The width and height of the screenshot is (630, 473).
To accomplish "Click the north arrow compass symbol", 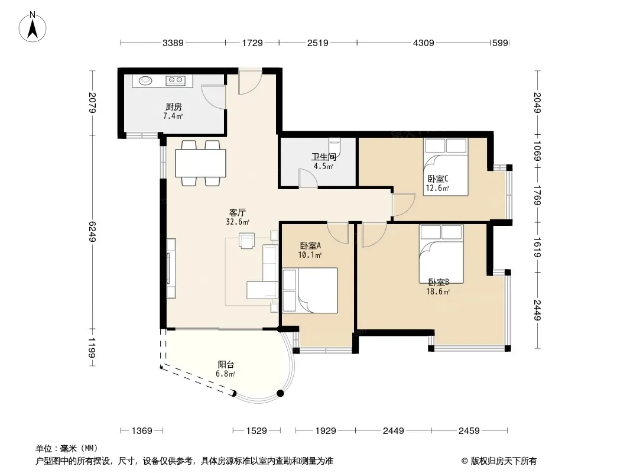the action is pyautogui.click(x=33, y=27).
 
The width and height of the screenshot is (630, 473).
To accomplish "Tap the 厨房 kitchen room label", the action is pyautogui.click(x=174, y=106).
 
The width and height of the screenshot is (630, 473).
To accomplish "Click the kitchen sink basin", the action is pyautogui.click(x=146, y=80).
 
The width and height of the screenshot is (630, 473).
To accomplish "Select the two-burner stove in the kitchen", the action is pyautogui.click(x=175, y=81).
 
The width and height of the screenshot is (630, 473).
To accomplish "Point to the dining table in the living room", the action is pyautogui.click(x=200, y=163).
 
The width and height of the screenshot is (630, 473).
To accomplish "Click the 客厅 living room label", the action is pyautogui.click(x=238, y=212).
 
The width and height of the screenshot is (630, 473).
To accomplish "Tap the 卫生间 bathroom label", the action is pyautogui.click(x=324, y=157).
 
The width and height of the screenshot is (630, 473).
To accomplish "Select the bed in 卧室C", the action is pyautogui.click(x=446, y=167).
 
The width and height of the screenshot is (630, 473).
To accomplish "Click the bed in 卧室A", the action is pyautogui.click(x=310, y=290).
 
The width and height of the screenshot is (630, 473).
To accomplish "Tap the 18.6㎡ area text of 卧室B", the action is pyautogui.click(x=438, y=291).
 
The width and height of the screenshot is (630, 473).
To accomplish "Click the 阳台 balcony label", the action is pyautogui.click(x=226, y=364).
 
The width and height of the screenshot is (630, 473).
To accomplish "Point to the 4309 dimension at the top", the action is pyautogui.click(x=424, y=43).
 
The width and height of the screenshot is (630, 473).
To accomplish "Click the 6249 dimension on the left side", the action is pyautogui.click(x=93, y=232).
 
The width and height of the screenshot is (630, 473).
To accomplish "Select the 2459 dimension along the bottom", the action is pyautogui.click(x=469, y=431).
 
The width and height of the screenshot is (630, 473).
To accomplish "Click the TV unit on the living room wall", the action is pyautogui.click(x=171, y=268).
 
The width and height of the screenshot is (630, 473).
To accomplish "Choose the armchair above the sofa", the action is pyautogui.click(x=246, y=241).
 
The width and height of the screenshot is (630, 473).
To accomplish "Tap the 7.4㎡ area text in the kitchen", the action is pyautogui.click(x=173, y=116).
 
